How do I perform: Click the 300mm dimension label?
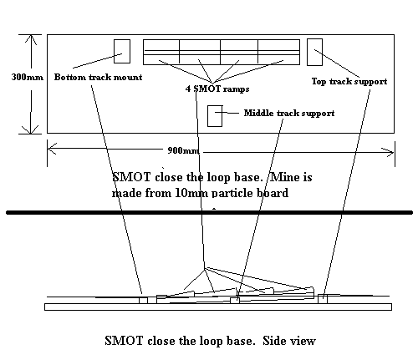coord(28,77)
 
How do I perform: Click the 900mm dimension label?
coord(183,150)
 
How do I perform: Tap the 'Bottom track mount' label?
coord(98,77)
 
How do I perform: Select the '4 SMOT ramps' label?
coord(217,89)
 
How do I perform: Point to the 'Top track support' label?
coord(349,81)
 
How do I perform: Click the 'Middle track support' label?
coord(289,113)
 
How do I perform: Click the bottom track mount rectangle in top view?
coord(122,51)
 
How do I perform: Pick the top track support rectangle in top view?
coord(314,53)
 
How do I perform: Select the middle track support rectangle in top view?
coord(215,116)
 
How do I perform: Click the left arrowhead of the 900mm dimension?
coord(52,148)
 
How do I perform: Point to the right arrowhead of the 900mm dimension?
coord(388,152)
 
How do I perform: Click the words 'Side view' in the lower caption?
coord(289,341)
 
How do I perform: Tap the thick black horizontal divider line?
coord(209,213)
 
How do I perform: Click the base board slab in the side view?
coord(218,307)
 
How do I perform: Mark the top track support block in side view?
coord(323,299)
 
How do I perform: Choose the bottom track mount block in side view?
coord(143,300)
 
